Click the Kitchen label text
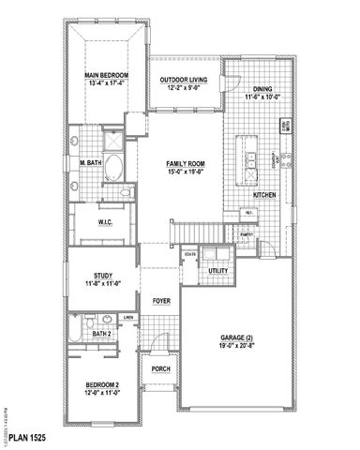tap(264, 194)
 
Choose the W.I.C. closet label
tap(105, 222)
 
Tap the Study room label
tap(103, 276)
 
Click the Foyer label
tap(161, 301)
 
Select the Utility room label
tap(218, 270)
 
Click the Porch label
tap(160, 368)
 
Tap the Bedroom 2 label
tap(102, 384)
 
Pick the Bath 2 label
tap(102, 333)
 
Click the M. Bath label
tap(91, 162)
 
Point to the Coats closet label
tap(189, 254)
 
